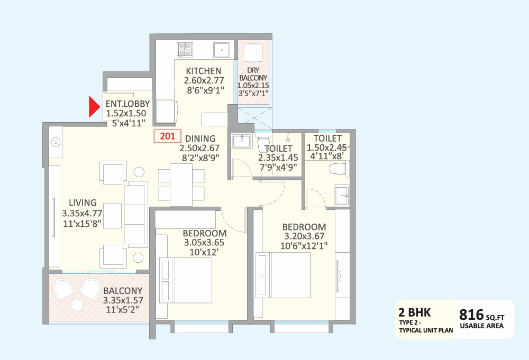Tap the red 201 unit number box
tap(167, 136)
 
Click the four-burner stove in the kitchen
tap(185, 49)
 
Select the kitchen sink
tap(221, 50)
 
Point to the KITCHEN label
tap(204, 71)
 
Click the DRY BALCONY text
tap(254, 73)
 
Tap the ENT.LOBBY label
tap(127, 104)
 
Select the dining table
tap(181, 184)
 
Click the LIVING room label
tap(82, 202)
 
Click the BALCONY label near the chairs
tap(123, 290)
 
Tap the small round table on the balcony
tap(78, 304)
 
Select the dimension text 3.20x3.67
tap(304, 236)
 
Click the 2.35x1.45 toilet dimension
tap(278, 158)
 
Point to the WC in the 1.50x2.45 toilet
tap(338, 169)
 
